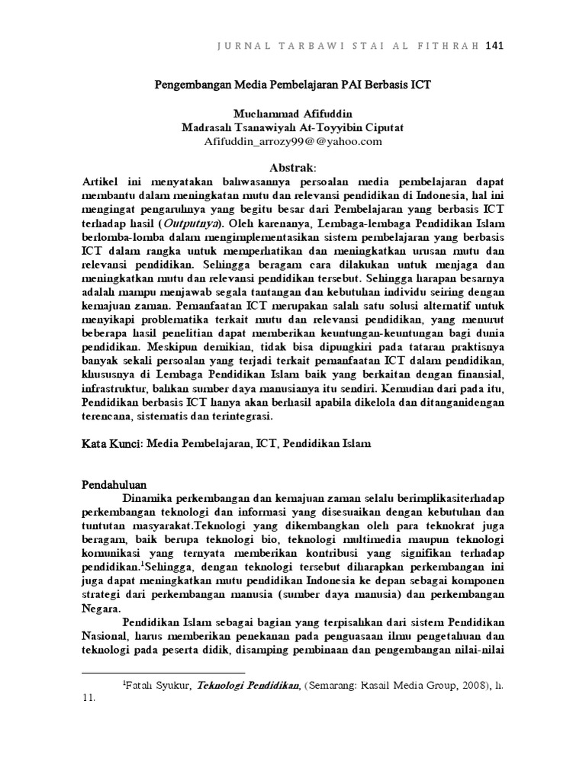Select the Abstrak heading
click(292, 167)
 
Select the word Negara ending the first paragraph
click(99, 609)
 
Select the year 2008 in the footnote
click(468, 686)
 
